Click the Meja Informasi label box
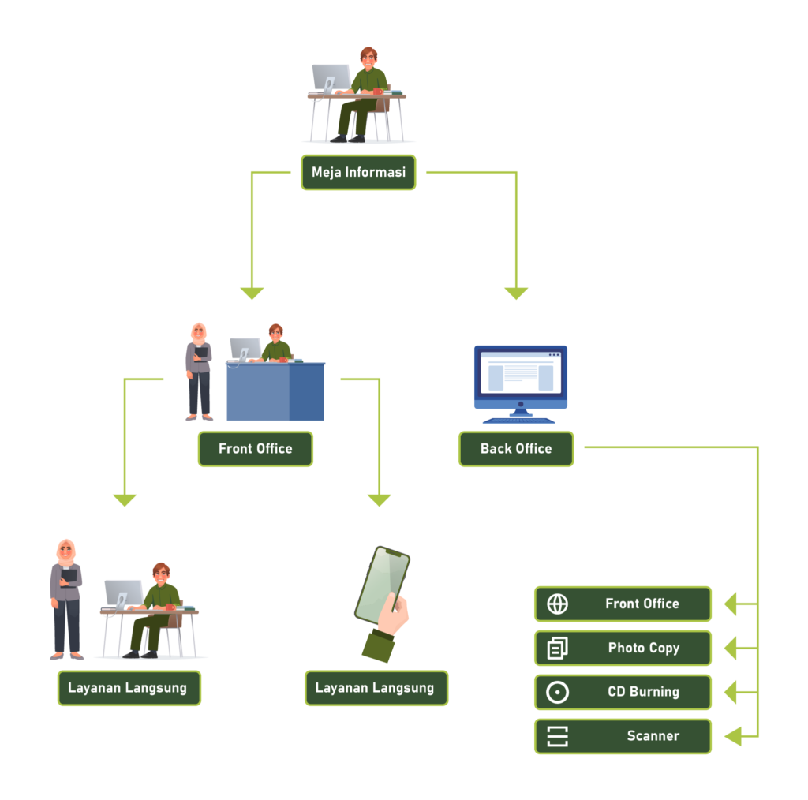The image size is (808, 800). (x=358, y=172)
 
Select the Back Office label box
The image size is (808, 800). (x=516, y=449)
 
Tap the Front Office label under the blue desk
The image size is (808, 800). (x=256, y=449)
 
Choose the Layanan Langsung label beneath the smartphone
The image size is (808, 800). (x=376, y=688)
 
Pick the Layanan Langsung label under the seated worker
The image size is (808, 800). (x=129, y=688)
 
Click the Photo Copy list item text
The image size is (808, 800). (x=643, y=648)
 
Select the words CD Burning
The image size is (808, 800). (x=643, y=692)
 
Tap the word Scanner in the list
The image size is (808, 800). (x=653, y=736)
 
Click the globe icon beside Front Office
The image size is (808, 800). (x=557, y=604)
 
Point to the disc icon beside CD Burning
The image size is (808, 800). (x=557, y=693)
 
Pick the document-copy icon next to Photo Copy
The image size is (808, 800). (x=557, y=649)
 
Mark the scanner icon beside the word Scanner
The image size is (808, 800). (x=557, y=737)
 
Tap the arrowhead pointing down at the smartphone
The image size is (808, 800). (x=380, y=500)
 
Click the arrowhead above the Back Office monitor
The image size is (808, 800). (x=516, y=293)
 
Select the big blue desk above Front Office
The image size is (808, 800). (x=275, y=392)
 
